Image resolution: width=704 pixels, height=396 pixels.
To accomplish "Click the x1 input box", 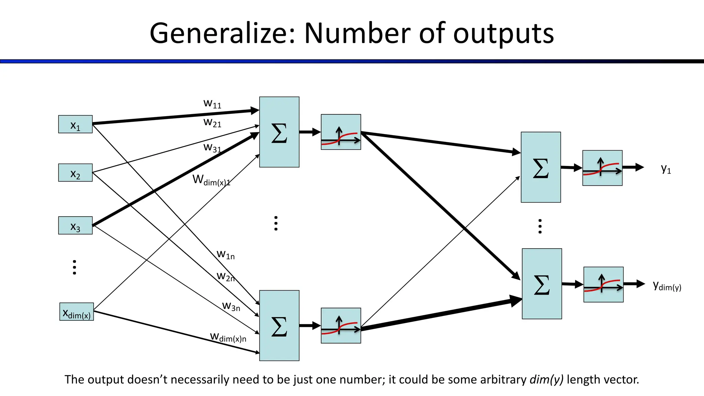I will coord(75,124).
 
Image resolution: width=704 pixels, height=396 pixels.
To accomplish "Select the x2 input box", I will coord(75,173).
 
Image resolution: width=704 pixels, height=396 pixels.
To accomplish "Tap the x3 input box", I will coord(75,225).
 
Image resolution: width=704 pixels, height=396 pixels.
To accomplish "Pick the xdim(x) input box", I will coord(76,312).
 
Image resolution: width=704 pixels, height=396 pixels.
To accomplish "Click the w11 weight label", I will coord(212,103).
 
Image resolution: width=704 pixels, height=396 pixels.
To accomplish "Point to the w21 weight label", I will coord(212,122).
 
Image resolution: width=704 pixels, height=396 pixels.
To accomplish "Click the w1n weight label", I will coord(225,255).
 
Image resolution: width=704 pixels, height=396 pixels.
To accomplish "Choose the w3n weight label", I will coord(231,306).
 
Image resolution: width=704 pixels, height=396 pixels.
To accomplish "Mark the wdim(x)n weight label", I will coord(228,337).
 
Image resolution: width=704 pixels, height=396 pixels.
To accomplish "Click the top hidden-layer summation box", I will coord(279,132).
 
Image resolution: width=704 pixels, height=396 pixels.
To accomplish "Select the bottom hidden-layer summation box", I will coord(279,326).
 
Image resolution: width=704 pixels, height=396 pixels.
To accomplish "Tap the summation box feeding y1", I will coord(541,167).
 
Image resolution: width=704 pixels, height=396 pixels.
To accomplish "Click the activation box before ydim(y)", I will coord(603,285).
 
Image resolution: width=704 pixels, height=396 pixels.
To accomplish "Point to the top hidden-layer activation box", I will coord(341,132).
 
